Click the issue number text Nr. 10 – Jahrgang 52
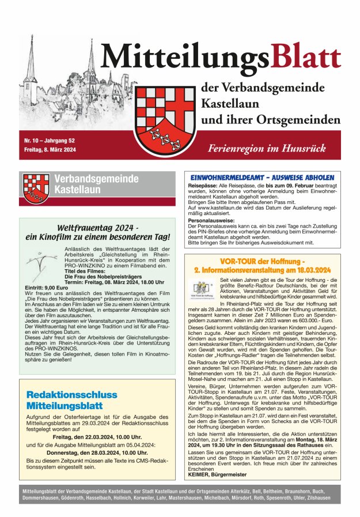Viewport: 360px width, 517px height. click(50, 141)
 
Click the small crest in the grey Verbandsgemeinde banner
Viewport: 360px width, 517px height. click(36, 188)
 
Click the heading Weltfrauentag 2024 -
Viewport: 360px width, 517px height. click(97, 228)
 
